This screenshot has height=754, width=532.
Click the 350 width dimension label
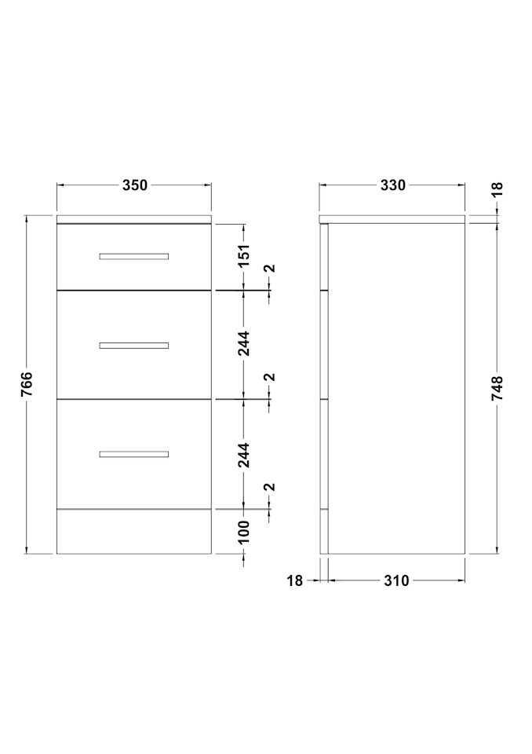pyautogui.click(x=134, y=185)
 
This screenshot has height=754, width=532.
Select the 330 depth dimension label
pyautogui.click(x=393, y=185)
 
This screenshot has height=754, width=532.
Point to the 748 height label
pyautogui.click(x=497, y=389)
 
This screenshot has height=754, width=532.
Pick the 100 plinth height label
pyautogui.click(x=244, y=532)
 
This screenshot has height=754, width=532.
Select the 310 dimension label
pyautogui.click(x=396, y=581)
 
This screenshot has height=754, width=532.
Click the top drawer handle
pyautogui.click(x=134, y=256)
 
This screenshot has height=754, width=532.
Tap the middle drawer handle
pyautogui.click(x=134, y=346)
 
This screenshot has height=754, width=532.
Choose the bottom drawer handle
pyautogui.click(x=134, y=454)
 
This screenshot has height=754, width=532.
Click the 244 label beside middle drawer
pyautogui.click(x=244, y=343)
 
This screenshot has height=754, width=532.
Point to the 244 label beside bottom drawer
pyautogui.click(x=244, y=455)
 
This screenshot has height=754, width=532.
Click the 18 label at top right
pyautogui.click(x=497, y=188)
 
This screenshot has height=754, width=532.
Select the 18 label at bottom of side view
pyautogui.click(x=294, y=581)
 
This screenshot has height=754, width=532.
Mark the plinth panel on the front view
pyautogui.click(x=134, y=532)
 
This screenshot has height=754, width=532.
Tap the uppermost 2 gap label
pyautogui.click(x=271, y=269)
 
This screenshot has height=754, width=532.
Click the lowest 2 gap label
pyautogui.click(x=271, y=488)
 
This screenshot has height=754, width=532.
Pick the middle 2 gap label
pyautogui.click(x=271, y=378)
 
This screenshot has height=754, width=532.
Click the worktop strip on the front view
pyautogui.click(x=134, y=219)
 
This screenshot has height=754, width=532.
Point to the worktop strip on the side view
pyautogui.click(x=392, y=219)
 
